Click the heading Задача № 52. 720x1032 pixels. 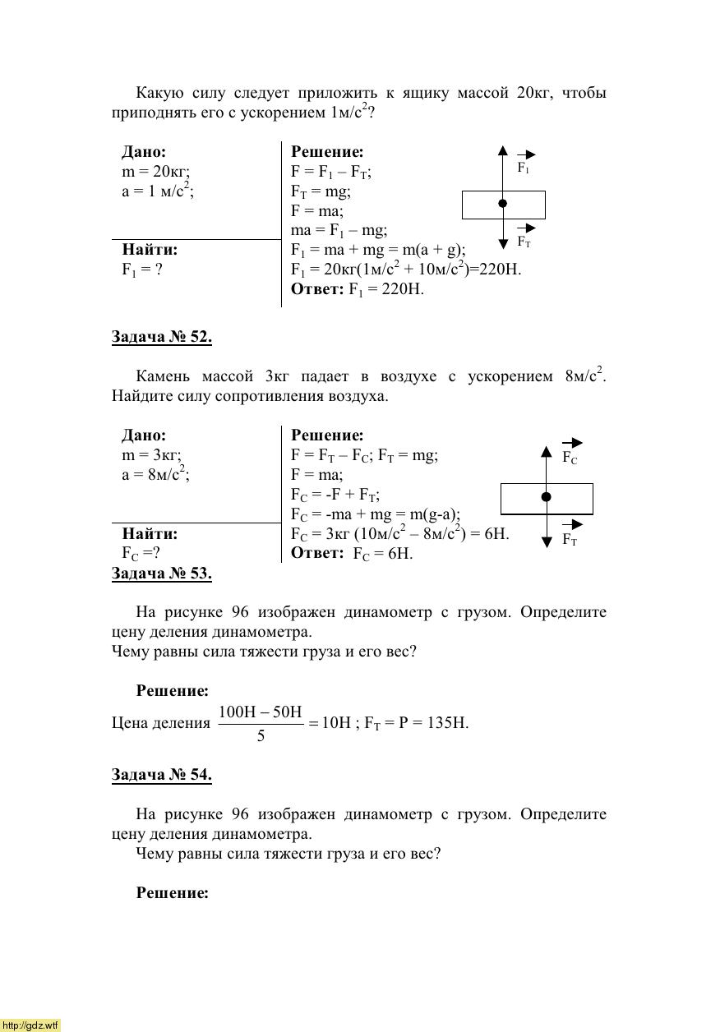click(x=161, y=337)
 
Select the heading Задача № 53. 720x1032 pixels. click(x=161, y=574)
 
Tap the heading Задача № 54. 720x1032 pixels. click(x=161, y=775)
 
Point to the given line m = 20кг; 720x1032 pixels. click(x=156, y=172)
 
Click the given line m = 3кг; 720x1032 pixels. click(x=151, y=455)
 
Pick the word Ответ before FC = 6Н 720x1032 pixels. click(x=316, y=553)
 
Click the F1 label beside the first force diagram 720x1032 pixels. click(x=524, y=168)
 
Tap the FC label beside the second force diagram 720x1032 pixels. click(x=570, y=458)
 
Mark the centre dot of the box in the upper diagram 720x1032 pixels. click(x=503, y=204)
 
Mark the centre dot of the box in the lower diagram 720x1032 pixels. click(x=546, y=497)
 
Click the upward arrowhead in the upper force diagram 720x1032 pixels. click(x=502, y=150)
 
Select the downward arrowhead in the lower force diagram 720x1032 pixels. click(x=546, y=541)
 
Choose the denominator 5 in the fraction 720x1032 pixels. click(x=261, y=736)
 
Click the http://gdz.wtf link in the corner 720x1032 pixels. click(x=30, y=1025)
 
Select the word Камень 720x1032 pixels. click(x=163, y=376)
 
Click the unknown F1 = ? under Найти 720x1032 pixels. click(x=142, y=270)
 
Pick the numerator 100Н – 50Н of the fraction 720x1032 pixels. click(x=261, y=712)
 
